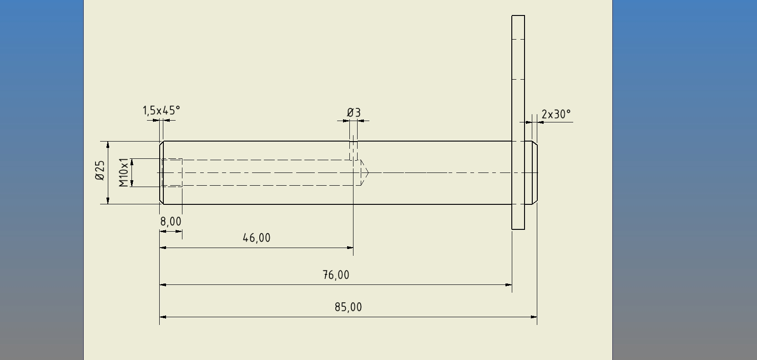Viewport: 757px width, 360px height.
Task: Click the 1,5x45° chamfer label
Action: pos(161,111)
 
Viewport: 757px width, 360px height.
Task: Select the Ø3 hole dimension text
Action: pos(354,112)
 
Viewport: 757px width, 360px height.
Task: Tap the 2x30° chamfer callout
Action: pos(556,114)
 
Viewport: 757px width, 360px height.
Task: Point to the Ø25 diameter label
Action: pos(100,170)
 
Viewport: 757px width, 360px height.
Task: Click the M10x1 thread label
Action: pos(124,172)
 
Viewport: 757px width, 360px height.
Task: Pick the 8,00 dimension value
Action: pos(171,222)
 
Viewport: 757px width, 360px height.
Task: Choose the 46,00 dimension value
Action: pos(257,238)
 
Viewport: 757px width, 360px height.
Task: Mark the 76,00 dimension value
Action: pos(336,275)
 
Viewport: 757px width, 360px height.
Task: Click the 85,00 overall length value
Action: pos(348,307)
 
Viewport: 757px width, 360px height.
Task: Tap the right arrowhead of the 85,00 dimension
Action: pos(534,317)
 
